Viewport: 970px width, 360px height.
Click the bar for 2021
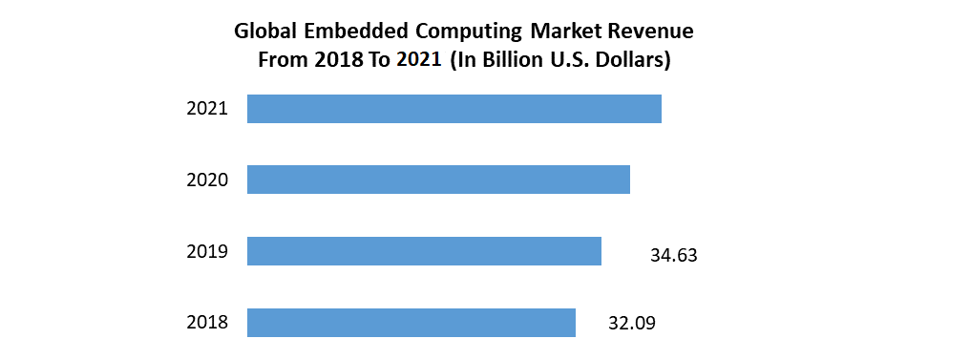click(453, 109)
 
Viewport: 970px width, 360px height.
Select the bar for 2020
click(438, 180)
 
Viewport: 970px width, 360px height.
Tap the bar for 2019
click(424, 251)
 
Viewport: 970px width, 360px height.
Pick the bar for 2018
click(411, 323)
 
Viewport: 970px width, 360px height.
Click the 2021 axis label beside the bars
click(207, 109)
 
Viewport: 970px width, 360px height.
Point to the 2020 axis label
click(207, 180)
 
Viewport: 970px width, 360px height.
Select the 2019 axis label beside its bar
click(207, 251)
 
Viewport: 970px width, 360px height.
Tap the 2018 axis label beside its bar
click(207, 323)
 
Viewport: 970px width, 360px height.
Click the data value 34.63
click(673, 255)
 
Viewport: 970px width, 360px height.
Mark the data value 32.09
click(632, 323)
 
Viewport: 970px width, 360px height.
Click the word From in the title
click(282, 60)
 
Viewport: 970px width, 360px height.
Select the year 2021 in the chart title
click(419, 60)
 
